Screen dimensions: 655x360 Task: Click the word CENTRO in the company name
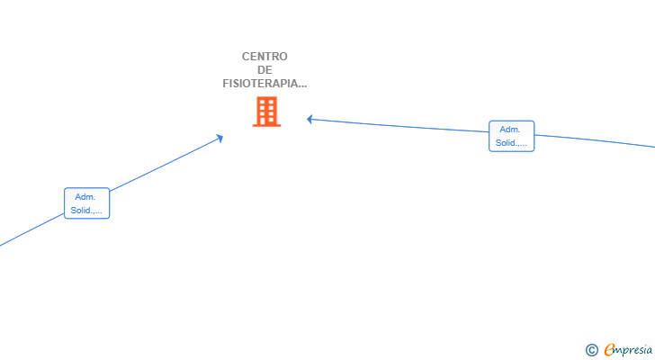click(x=265, y=57)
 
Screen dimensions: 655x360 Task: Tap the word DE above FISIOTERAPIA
click(x=265, y=69)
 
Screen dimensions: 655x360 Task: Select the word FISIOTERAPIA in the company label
click(x=259, y=84)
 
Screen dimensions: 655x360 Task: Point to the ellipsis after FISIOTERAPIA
click(x=301, y=86)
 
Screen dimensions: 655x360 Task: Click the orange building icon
click(x=266, y=112)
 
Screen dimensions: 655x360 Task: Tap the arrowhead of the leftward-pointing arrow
click(x=310, y=120)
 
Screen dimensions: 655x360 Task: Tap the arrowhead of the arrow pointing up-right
click(x=220, y=139)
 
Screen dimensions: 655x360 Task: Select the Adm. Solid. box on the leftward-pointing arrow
click(x=512, y=136)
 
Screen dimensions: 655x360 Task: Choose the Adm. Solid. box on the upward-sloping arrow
click(x=87, y=203)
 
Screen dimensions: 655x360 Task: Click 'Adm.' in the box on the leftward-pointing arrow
click(x=509, y=130)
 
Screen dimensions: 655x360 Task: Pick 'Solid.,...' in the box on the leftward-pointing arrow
click(x=511, y=143)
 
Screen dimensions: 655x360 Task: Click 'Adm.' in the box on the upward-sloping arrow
click(x=85, y=197)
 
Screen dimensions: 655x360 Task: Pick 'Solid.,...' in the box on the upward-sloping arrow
click(x=86, y=210)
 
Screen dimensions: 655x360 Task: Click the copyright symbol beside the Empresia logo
click(x=591, y=350)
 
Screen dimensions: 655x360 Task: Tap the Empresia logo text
click(x=628, y=350)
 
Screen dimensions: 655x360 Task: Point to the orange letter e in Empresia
click(x=609, y=349)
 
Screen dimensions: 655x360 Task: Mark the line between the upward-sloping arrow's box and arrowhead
click(x=166, y=164)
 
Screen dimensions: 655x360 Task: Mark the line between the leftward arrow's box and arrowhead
click(x=399, y=126)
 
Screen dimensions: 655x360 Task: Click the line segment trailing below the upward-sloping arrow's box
click(x=31, y=229)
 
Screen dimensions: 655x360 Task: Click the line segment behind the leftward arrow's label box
click(x=595, y=141)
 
